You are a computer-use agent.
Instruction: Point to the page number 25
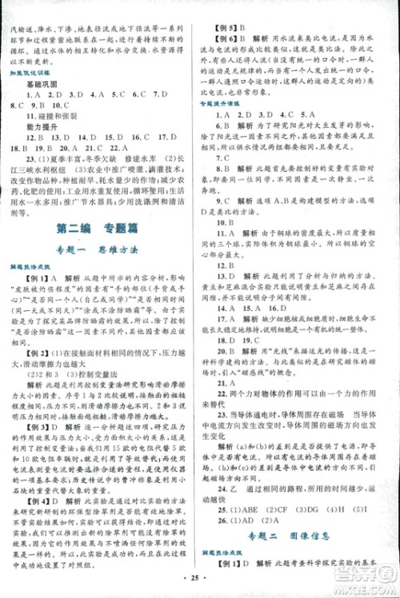point(199,583)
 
